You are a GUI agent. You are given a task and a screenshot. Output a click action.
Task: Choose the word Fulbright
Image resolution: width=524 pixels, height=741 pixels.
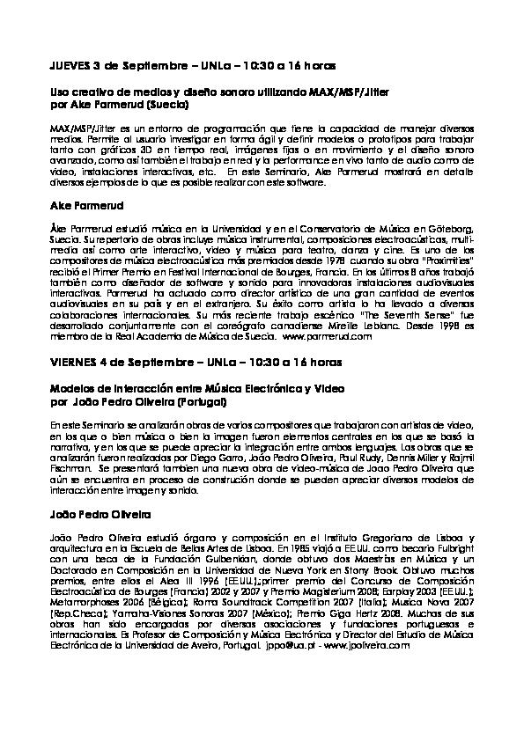(453, 547)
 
